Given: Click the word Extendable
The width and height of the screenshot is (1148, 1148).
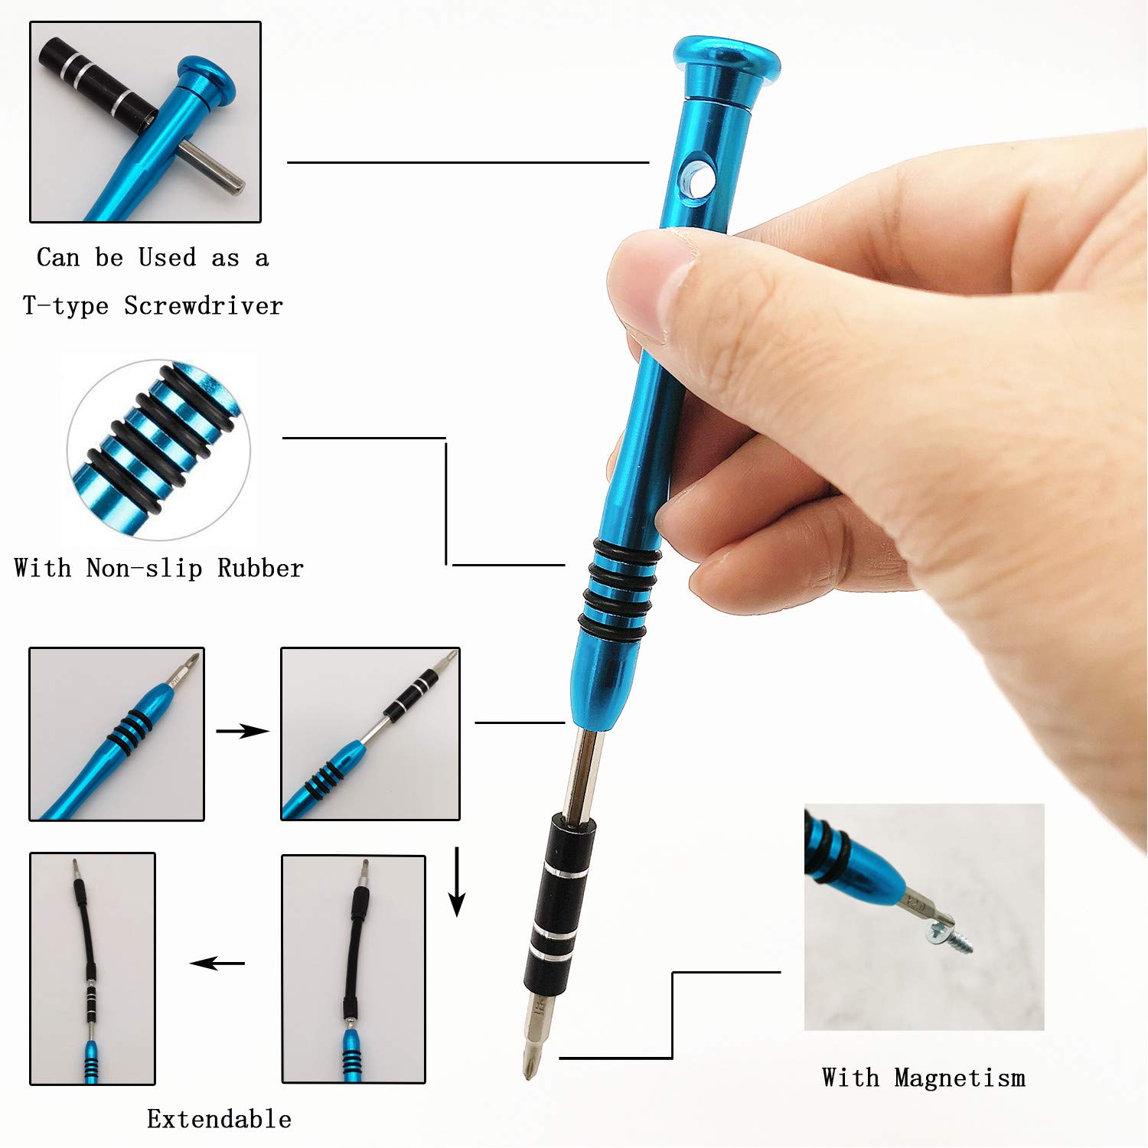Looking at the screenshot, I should coord(219,1119).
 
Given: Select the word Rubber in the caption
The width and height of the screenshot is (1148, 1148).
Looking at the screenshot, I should coord(260,568).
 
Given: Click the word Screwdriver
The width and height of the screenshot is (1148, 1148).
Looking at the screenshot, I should coord(204,306).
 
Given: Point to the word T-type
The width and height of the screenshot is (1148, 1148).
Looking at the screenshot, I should coord(66,306).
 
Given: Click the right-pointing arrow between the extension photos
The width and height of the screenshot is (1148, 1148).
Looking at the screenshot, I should coord(242,732).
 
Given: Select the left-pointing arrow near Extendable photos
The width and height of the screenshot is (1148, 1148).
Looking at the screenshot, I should coord(217,963).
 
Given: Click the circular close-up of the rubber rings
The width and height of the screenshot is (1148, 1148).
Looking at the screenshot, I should coord(158,450).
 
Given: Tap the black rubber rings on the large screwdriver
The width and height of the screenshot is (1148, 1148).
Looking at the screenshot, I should coord(618,589).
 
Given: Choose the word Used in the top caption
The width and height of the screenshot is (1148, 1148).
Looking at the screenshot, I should coord(167,257).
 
